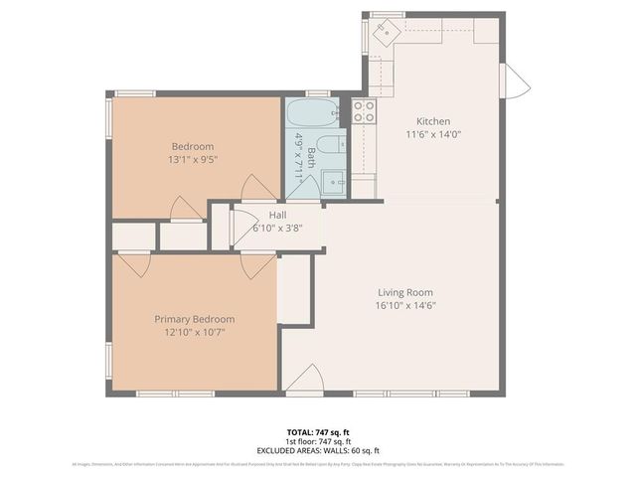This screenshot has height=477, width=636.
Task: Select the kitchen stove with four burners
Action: (x=364, y=111)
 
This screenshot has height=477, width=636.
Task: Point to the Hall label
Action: (x=277, y=214)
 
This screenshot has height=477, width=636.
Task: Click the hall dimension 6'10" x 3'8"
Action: (x=277, y=228)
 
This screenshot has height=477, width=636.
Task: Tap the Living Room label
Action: (x=405, y=292)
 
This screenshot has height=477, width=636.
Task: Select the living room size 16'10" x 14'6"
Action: (x=405, y=306)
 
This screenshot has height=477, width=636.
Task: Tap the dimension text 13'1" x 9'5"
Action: (x=192, y=159)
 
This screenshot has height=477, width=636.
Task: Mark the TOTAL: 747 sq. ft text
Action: (x=317, y=432)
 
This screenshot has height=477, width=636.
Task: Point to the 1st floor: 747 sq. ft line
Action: (x=317, y=441)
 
